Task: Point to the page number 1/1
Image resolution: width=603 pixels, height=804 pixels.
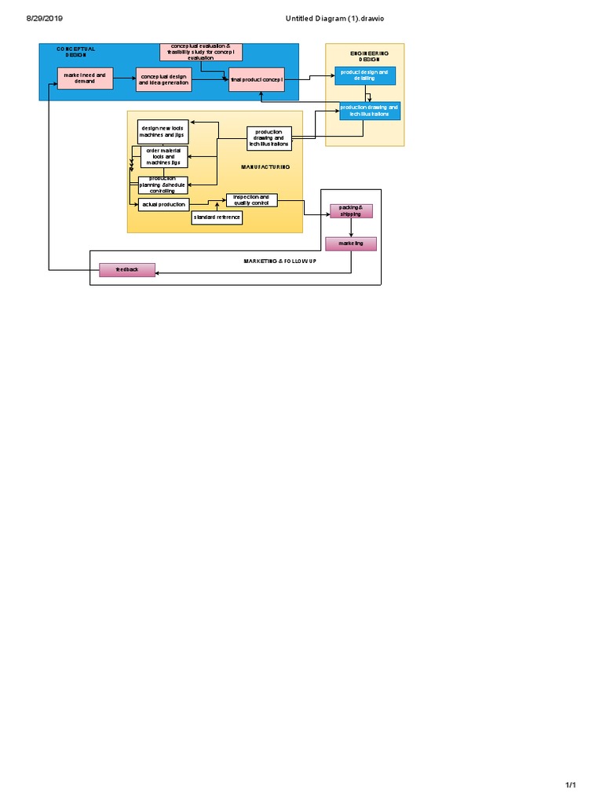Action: pyautogui.click(x=571, y=786)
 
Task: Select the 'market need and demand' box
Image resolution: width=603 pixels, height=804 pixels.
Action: pyautogui.click(x=85, y=78)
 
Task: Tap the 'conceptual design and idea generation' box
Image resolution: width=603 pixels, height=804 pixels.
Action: pyautogui.click(x=164, y=79)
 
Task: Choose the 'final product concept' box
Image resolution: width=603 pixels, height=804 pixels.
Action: pyautogui.click(x=257, y=79)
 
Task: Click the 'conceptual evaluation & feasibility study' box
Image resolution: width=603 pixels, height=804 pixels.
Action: pyautogui.click(x=201, y=52)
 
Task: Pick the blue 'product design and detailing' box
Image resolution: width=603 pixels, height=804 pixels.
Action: pyautogui.click(x=365, y=75)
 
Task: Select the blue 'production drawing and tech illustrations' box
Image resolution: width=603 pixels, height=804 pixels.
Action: pyautogui.click(x=369, y=111)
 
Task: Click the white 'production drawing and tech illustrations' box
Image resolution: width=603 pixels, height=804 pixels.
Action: pyautogui.click(x=269, y=138)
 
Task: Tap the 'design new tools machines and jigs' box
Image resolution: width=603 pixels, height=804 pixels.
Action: pyautogui.click(x=163, y=130)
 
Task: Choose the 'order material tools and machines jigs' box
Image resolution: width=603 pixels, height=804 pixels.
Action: pyautogui.click(x=164, y=156)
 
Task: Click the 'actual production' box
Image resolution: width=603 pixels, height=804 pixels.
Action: pyautogui.click(x=163, y=204)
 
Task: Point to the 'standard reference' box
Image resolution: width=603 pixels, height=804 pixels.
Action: pyautogui.click(x=217, y=217)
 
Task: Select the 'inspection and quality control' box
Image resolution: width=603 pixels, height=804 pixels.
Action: pyautogui.click(x=252, y=200)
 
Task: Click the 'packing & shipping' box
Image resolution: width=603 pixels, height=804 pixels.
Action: pyautogui.click(x=350, y=210)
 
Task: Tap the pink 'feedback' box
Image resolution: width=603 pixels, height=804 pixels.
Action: pyautogui.click(x=127, y=269)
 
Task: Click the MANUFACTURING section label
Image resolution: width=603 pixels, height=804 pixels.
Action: pyautogui.click(x=265, y=166)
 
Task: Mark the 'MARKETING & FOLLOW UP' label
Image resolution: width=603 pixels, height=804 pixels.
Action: pyautogui.click(x=280, y=259)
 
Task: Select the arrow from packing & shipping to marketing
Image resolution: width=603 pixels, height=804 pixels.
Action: pyautogui.click(x=351, y=228)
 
